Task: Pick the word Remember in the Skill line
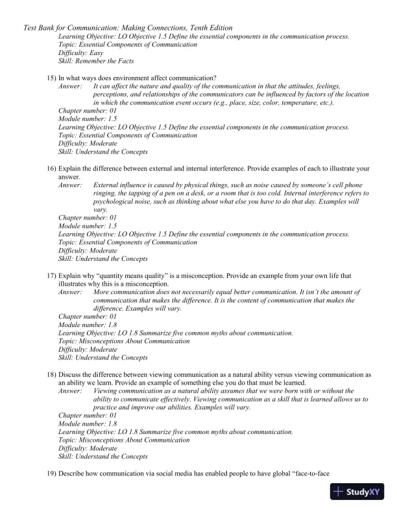point(95,62)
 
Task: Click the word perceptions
point(112,95)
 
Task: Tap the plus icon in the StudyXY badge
point(338,492)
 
